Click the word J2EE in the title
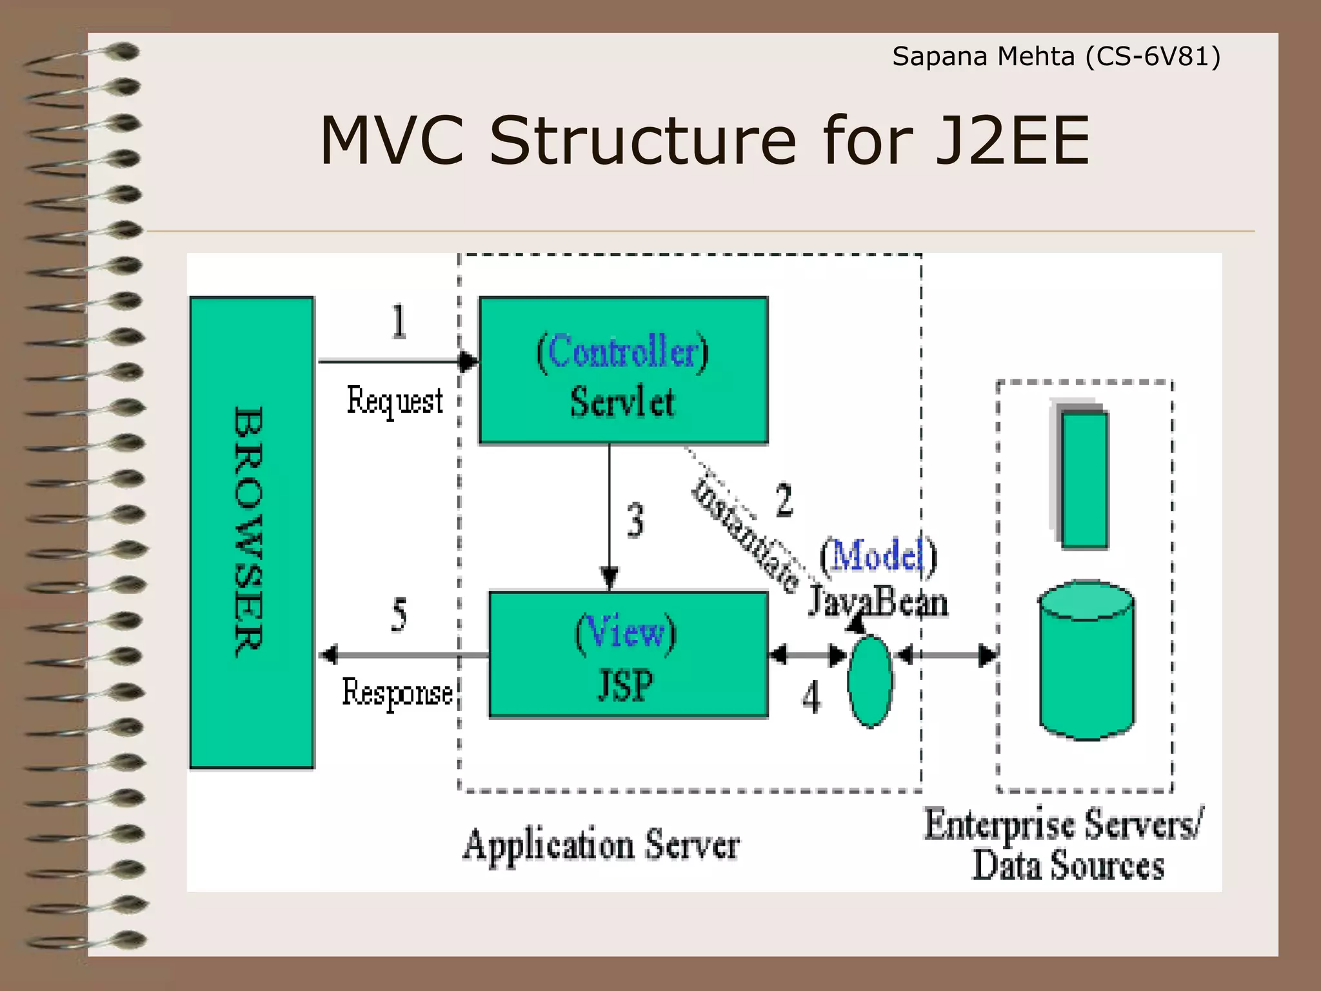(1011, 141)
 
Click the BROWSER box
(252, 532)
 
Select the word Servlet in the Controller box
(622, 402)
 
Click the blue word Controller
(622, 352)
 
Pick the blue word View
(626, 632)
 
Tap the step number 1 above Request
(399, 321)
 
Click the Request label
(395, 401)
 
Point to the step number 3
(635, 521)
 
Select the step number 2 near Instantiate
(784, 500)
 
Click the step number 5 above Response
(399, 614)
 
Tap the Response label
(397, 694)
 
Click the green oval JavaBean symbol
(870, 681)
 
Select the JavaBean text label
(878, 603)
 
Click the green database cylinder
(1087, 661)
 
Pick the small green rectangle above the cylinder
(1084, 479)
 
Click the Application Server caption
(601, 845)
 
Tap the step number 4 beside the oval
(811, 698)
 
